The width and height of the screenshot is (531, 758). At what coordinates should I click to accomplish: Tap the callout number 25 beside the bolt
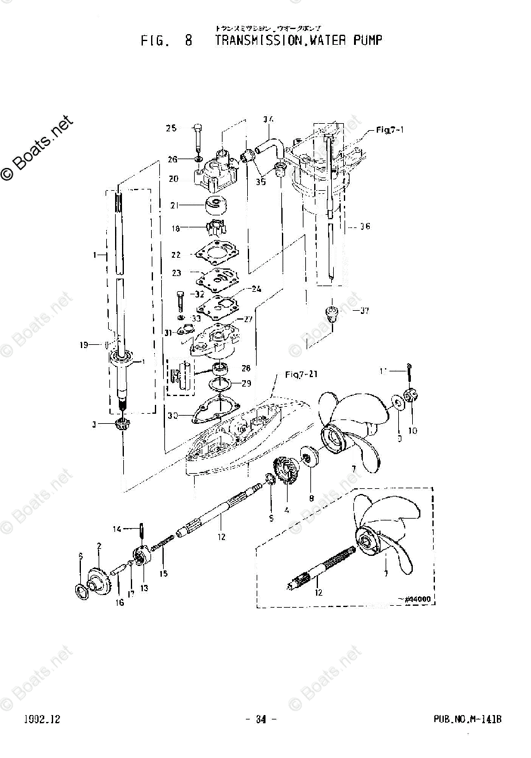point(171,129)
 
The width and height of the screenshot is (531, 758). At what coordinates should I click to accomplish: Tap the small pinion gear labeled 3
point(124,428)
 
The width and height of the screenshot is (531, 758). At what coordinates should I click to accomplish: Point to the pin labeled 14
point(143,529)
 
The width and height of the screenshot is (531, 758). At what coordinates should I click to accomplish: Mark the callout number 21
point(174,205)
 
